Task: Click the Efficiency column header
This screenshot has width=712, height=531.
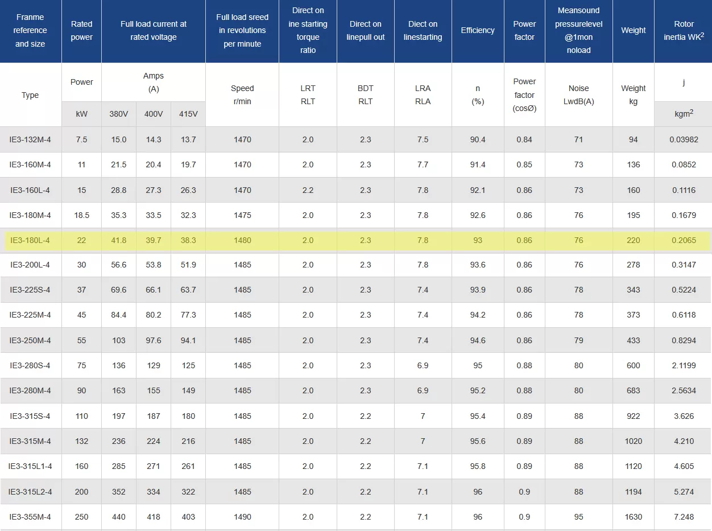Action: pos(478,31)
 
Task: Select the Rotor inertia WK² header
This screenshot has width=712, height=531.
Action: pos(684,31)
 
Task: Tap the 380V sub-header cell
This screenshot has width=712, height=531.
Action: pos(119,114)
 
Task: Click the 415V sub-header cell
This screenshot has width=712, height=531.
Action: pos(188,114)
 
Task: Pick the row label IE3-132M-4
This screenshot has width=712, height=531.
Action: pos(30,139)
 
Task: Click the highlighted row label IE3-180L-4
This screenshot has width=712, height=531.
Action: pos(30,240)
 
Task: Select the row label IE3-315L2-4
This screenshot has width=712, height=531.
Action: pos(30,492)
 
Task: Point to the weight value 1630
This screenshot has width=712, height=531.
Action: pos(634,517)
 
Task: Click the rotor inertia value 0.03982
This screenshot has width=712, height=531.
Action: pos(684,139)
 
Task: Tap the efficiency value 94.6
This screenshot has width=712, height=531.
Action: pos(478,340)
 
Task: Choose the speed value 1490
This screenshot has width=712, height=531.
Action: pos(242,517)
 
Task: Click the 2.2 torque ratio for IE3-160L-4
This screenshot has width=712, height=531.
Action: pos(308,190)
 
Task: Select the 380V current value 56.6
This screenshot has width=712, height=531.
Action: pos(119,265)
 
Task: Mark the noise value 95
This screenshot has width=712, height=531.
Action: pos(578,517)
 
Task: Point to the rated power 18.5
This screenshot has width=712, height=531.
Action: pos(81,215)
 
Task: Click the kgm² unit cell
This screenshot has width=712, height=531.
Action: pos(684,114)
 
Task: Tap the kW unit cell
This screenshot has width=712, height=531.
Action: pos(81,114)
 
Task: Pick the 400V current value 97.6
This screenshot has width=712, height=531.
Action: pos(154,340)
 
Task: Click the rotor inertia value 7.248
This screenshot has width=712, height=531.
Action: pos(684,517)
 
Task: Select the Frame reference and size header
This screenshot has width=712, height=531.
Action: pos(30,31)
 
